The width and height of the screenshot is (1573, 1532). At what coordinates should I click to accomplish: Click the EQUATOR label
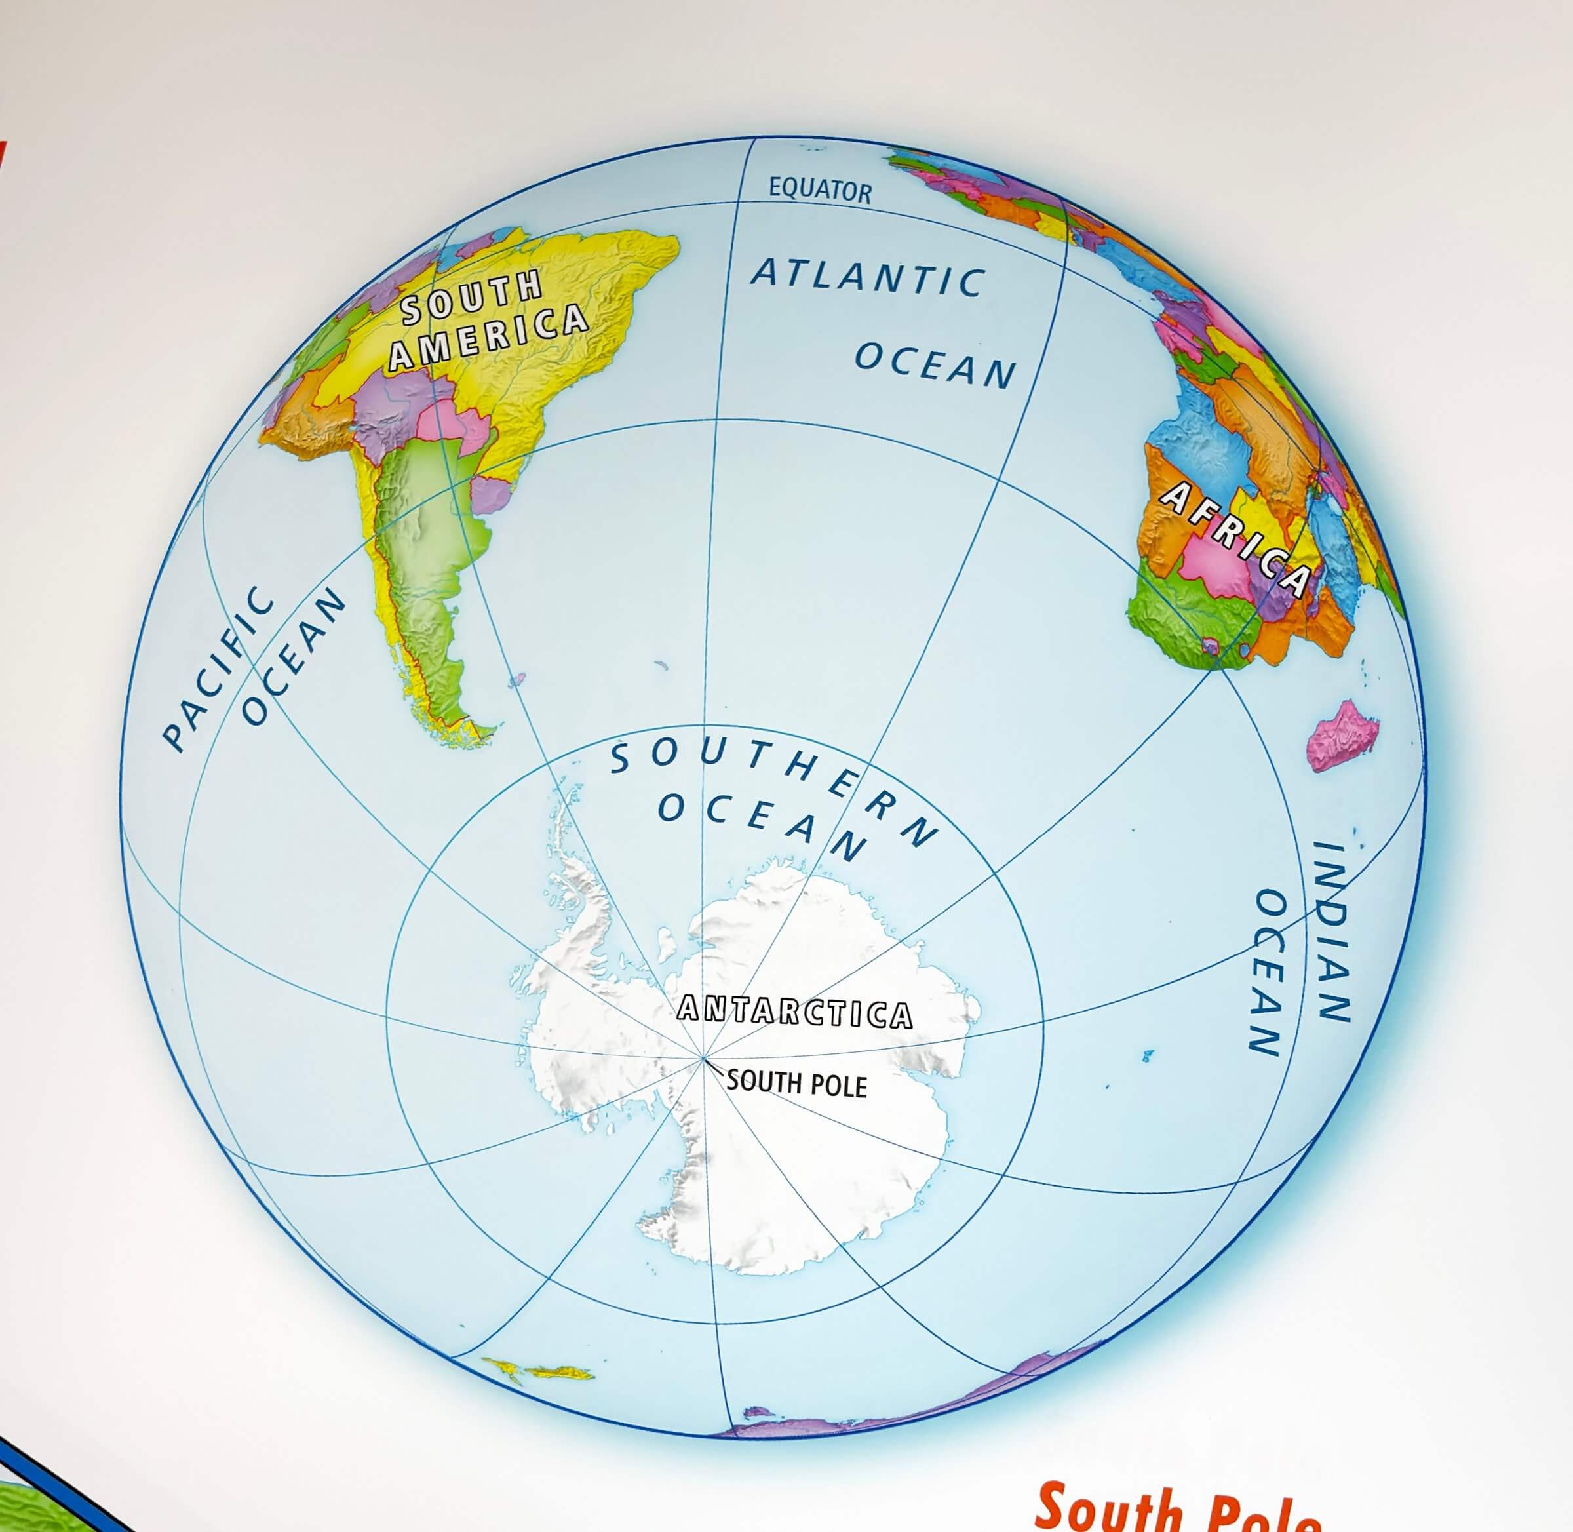tap(820, 190)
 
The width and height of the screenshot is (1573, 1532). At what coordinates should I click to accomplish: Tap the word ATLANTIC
tap(867, 276)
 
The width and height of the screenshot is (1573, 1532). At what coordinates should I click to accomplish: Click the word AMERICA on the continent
tap(488, 338)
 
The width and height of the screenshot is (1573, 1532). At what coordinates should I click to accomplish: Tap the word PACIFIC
tap(217, 668)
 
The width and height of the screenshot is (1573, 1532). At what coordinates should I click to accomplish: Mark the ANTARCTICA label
tap(795, 1012)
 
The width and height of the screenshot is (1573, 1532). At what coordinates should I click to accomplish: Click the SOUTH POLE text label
tap(796, 1084)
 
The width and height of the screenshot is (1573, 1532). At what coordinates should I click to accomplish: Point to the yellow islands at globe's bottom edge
tap(537, 1369)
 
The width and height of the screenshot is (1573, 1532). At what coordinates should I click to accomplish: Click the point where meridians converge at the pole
tap(705, 1059)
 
